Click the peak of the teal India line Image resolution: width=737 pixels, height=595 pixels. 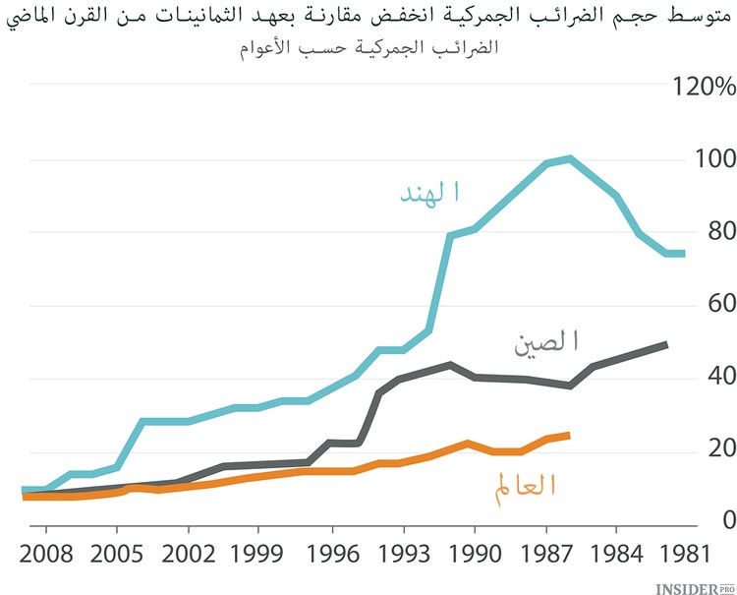[570, 158]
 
